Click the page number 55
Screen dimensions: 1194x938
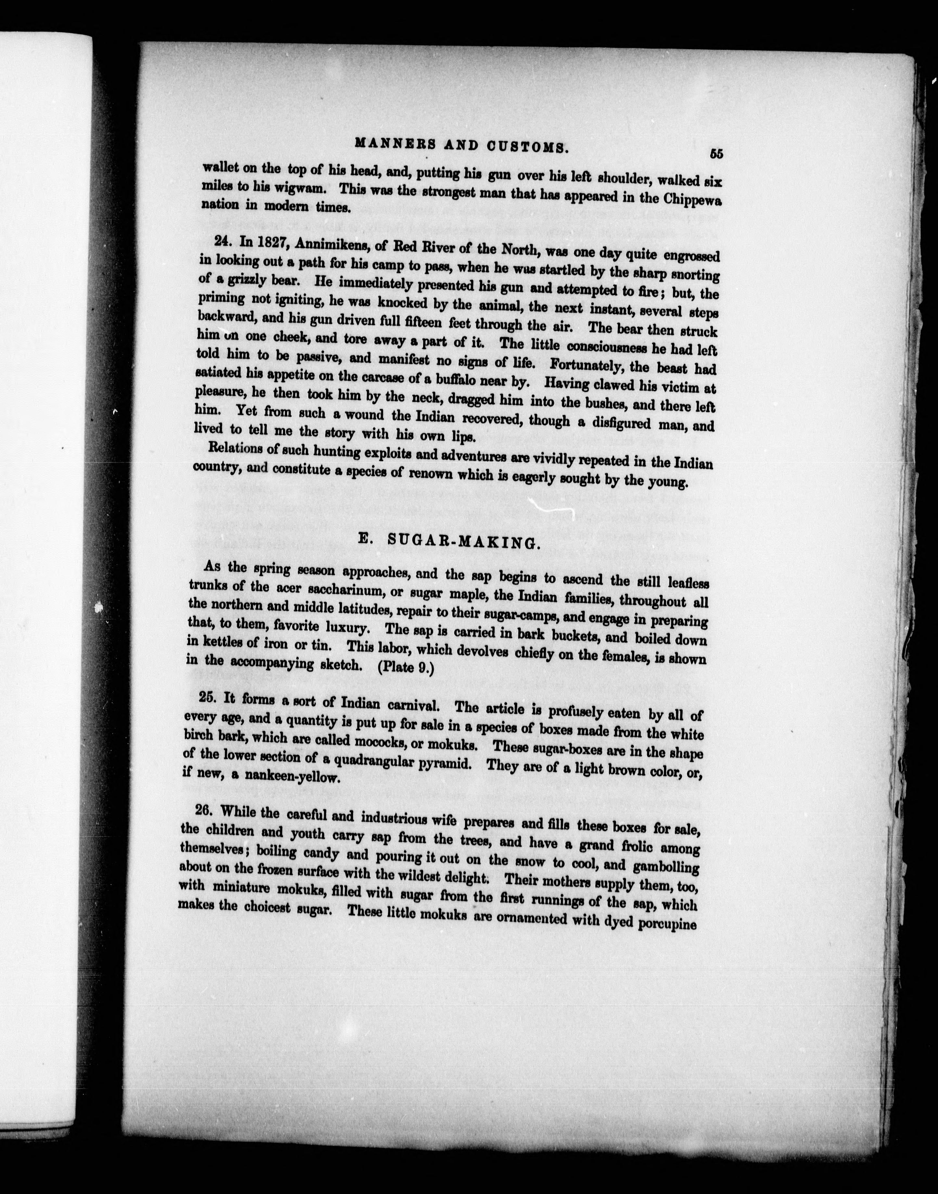716,154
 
